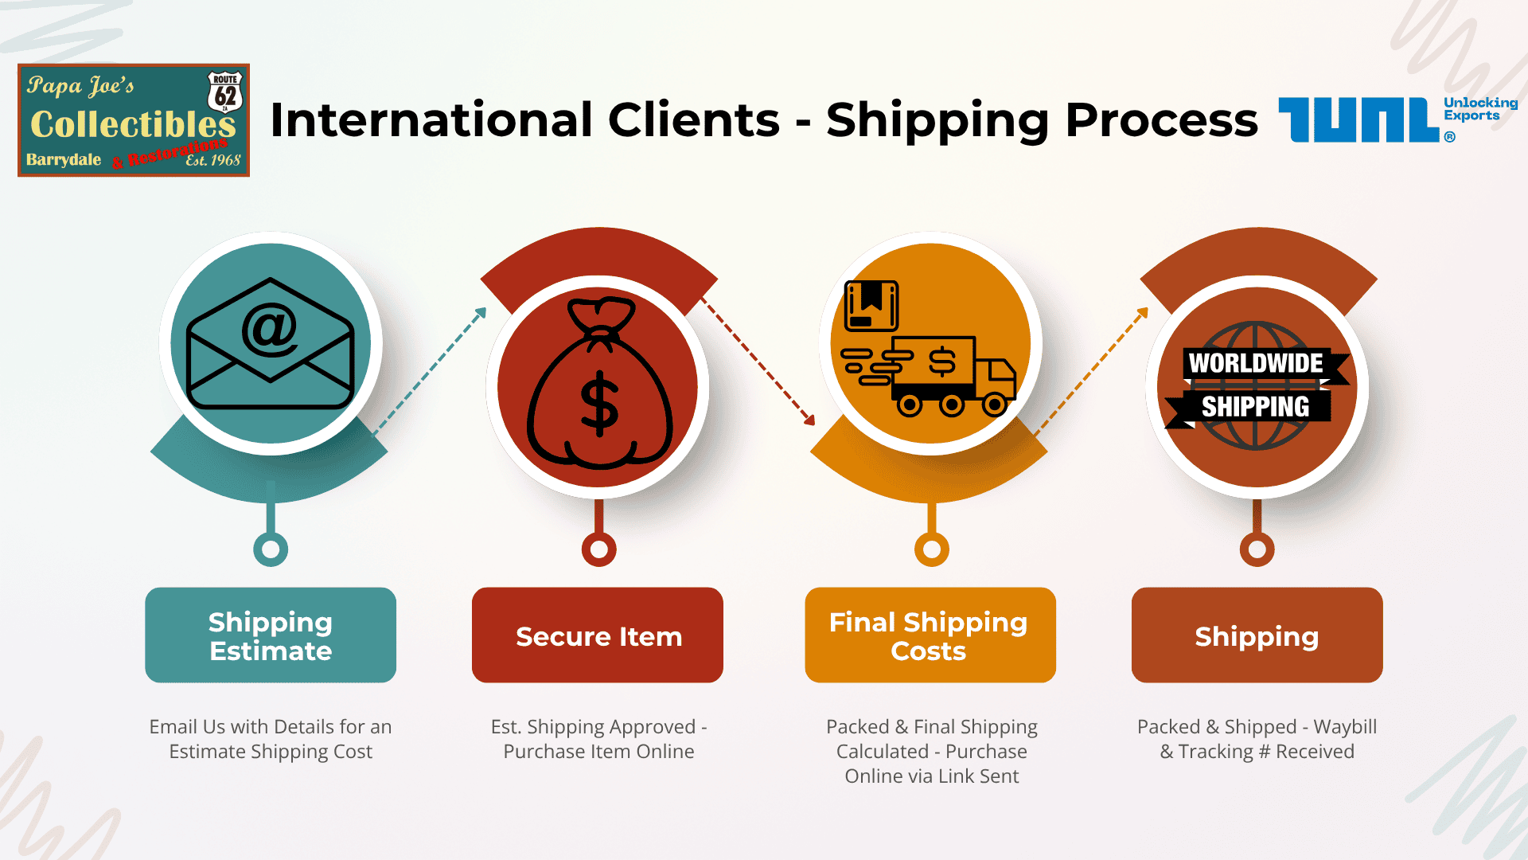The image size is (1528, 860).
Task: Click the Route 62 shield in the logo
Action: click(225, 92)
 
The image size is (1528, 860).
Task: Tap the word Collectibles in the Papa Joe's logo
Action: click(133, 124)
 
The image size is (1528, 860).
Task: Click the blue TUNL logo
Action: click(1359, 120)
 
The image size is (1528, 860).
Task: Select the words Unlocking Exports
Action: click(1480, 109)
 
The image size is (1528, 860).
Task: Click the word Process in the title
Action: click(1161, 120)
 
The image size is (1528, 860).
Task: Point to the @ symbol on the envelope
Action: click(270, 329)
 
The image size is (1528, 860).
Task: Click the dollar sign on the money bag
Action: click(599, 405)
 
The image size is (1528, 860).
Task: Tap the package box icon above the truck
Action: click(871, 305)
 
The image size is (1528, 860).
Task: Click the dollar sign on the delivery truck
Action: click(942, 362)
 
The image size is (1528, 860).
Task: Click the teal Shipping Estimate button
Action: click(271, 635)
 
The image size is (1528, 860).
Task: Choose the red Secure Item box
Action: click(598, 635)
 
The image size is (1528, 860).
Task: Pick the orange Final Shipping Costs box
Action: click(930, 635)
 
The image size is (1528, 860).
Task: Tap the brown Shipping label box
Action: click(1257, 635)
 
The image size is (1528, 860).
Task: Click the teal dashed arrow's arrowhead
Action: click(481, 313)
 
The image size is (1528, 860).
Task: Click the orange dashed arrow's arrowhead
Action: click(1143, 313)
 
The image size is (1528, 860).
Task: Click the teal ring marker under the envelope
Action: click(271, 549)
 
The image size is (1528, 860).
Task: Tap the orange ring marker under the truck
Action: click(932, 549)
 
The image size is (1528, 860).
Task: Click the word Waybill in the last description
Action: click(1345, 727)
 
